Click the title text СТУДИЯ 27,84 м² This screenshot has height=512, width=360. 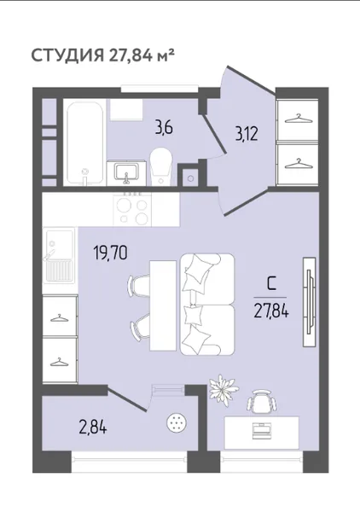point(102,55)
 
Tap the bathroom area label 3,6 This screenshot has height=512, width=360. point(164,128)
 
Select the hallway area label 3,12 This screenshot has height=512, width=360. point(247,134)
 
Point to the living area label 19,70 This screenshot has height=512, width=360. point(110,253)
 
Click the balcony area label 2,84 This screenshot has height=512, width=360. point(93,428)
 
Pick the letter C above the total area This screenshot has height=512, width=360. point(270,284)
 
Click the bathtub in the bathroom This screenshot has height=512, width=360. point(84,143)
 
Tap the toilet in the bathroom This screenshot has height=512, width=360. point(161,166)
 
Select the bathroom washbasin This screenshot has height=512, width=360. point(126,172)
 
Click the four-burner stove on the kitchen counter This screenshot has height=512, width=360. point(132,209)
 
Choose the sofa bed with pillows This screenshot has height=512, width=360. point(207,305)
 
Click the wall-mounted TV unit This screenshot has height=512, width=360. point(309,302)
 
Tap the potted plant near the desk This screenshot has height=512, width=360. point(224,390)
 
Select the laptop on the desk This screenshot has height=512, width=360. point(262,429)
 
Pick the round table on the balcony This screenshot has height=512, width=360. point(177,424)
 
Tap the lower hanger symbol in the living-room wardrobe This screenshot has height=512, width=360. point(59,363)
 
